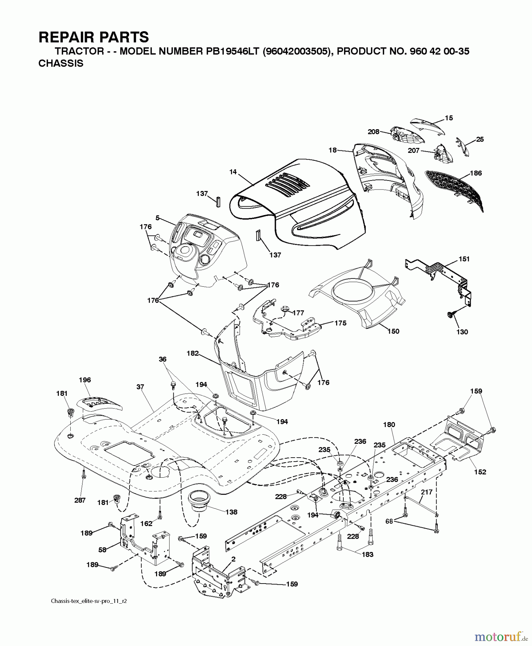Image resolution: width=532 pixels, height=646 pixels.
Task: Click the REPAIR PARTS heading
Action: click(93, 37)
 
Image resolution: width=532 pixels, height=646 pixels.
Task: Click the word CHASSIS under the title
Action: click(61, 64)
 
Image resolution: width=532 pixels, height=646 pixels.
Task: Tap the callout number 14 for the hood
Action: click(233, 172)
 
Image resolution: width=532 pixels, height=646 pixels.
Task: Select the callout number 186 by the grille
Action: click(476, 173)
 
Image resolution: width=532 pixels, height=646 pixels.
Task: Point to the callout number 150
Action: click(393, 331)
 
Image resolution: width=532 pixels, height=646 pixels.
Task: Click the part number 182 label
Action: click(193, 353)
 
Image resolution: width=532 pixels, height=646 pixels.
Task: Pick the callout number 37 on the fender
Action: click(140, 387)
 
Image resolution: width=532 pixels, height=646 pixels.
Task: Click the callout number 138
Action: click(231, 512)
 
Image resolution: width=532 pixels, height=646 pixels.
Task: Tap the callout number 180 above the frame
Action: click(389, 425)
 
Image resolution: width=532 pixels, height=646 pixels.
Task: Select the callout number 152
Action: click(480, 472)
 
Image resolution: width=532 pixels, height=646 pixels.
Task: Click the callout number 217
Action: click(427, 492)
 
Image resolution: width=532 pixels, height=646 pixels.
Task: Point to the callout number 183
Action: click(367, 554)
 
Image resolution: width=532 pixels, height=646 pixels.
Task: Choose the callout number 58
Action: click(103, 549)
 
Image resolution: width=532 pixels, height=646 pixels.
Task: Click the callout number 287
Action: click(80, 500)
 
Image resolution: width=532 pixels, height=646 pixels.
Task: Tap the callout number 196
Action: click(85, 380)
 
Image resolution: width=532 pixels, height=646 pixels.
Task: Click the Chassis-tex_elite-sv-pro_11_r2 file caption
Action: click(89, 601)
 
